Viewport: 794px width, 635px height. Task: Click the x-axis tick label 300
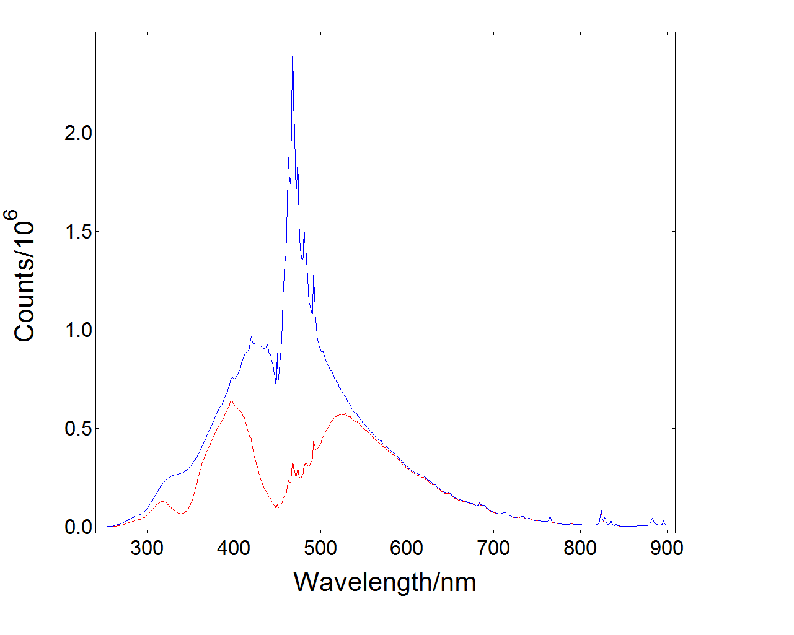[147, 548]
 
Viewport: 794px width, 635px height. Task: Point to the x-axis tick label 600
[407, 548]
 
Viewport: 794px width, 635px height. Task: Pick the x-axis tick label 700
[493, 548]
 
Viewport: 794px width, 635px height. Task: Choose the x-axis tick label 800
[580, 548]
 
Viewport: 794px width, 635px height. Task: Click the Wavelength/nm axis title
[385, 582]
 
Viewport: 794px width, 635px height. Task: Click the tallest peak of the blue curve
[293, 39]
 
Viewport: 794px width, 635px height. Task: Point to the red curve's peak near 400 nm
[232, 401]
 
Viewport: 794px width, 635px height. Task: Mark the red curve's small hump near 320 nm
[162, 502]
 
